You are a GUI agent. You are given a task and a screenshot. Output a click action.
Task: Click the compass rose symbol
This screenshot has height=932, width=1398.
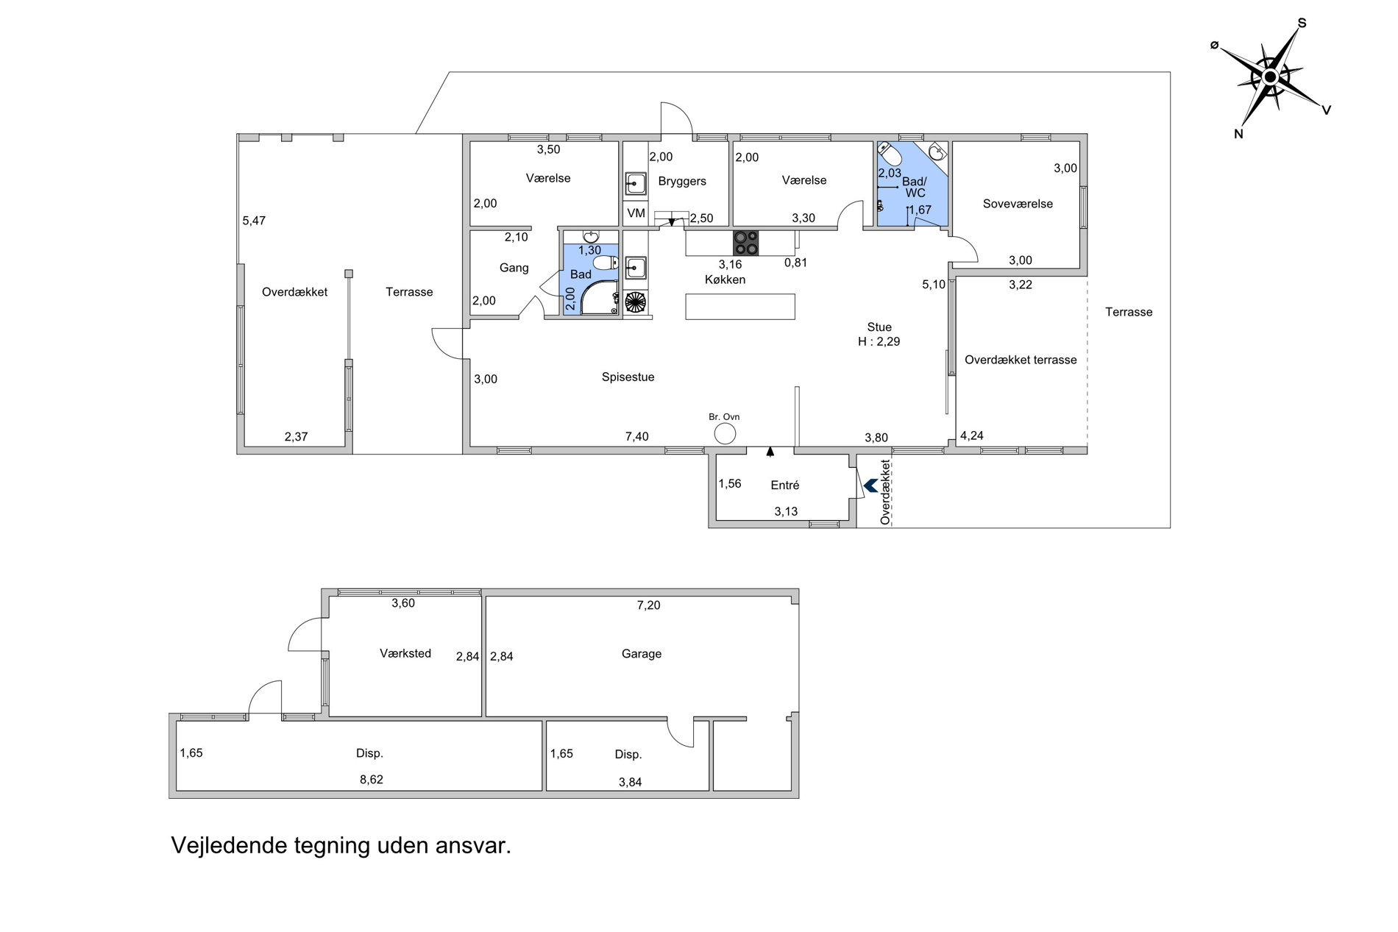pyautogui.click(x=1271, y=78)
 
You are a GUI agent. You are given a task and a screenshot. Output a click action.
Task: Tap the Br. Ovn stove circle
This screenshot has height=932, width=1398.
pyautogui.click(x=725, y=434)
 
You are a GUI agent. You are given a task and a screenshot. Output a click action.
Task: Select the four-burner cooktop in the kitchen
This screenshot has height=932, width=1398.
pyautogui.click(x=746, y=243)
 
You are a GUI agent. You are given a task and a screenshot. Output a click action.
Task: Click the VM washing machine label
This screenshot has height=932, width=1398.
pyautogui.click(x=636, y=213)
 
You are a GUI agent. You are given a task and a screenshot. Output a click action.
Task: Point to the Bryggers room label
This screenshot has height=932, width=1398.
pyautogui.click(x=682, y=181)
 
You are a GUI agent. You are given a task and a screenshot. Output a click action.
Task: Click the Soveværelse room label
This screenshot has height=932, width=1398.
pyautogui.click(x=1018, y=204)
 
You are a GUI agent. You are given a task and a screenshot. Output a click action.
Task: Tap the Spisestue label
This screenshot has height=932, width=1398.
pyautogui.click(x=628, y=377)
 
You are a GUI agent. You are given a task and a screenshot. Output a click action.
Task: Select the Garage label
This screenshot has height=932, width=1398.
pyautogui.click(x=642, y=653)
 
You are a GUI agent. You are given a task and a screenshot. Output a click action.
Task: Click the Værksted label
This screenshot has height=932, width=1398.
pyautogui.click(x=405, y=653)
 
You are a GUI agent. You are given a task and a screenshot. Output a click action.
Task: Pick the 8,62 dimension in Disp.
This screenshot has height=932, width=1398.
pyautogui.click(x=372, y=780)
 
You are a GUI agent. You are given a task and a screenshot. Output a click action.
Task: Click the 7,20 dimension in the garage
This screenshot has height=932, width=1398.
pyautogui.click(x=649, y=605)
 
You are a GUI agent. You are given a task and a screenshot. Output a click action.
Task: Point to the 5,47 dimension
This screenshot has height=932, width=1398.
pyautogui.click(x=254, y=221)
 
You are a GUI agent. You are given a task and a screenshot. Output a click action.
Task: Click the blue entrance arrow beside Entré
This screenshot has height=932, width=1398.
pyautogui.click(x=870, y=485)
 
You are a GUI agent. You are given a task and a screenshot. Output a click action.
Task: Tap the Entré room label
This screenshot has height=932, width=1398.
pyautogui.click(x=785, y=485)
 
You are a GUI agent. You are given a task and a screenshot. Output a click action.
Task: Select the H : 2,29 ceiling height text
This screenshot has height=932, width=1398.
pyautogui.click(x=879, y=341)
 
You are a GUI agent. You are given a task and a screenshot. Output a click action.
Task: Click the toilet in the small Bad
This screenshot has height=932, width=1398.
pyautogui.click(x=606, y=263)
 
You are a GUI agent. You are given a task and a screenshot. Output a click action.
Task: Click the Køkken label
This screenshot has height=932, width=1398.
pyautogui.click(x=725, y=280)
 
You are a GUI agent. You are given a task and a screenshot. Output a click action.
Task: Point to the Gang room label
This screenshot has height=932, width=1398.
pyautogui.click(x=514, y=268)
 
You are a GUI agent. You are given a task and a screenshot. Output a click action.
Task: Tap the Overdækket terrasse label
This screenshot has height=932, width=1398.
pyautogui.click(x=1021, y=360)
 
